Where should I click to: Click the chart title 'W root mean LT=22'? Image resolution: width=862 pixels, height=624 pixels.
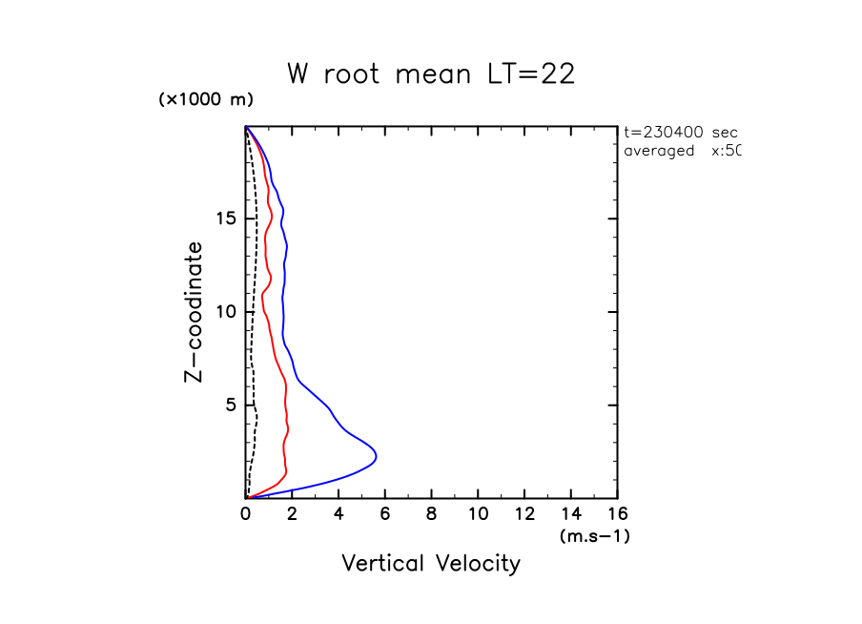[431, 74]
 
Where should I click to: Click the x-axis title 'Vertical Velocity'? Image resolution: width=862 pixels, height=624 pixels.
[431, 564]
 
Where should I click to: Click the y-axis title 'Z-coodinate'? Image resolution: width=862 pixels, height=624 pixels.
[194, 312]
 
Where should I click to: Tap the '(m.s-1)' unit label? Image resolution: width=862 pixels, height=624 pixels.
[594, 536]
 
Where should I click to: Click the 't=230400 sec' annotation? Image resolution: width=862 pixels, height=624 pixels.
[680, 133]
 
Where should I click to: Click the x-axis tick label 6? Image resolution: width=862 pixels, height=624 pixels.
[385, 515]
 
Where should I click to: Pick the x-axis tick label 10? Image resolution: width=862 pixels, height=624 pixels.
[478, 515]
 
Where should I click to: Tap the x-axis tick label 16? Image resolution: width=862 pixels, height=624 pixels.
[617, 515]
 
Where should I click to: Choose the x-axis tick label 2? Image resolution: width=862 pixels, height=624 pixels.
[293, 515]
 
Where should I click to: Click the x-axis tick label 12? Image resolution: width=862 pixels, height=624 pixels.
[524, 515]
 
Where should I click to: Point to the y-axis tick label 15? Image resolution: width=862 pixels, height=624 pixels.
[225, 218]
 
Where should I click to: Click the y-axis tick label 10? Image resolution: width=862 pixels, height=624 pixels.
[225, 312]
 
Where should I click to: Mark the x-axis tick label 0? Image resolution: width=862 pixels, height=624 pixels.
[246, 515]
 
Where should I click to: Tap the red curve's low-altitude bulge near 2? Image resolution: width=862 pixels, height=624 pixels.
[287, 469]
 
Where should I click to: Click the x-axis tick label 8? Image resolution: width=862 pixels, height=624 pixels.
[432, 515]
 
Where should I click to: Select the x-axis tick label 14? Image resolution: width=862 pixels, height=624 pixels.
[570, 515]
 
